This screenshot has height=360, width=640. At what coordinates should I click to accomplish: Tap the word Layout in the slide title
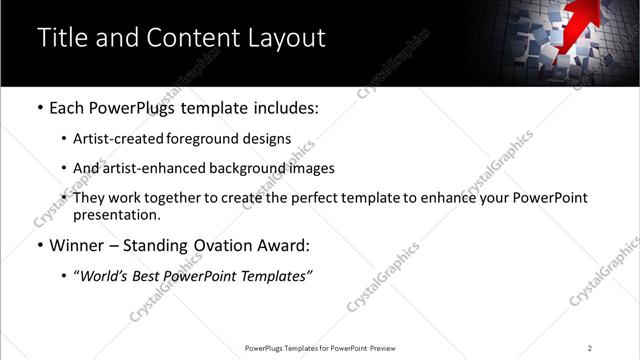point(287,38)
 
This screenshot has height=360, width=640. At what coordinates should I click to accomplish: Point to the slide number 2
point(589,348)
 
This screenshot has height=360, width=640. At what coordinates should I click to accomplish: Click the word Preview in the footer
point(384,348)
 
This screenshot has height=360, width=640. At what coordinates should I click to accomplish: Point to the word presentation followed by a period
point(116,214)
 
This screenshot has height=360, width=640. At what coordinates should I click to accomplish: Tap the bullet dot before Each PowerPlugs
point(39,107)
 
